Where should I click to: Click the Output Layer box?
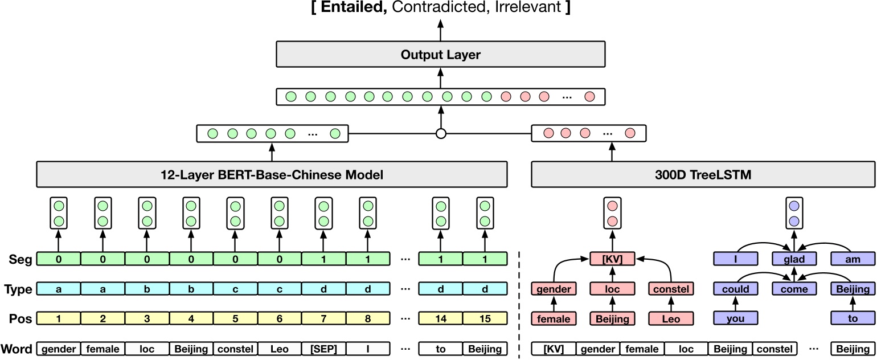(440, 55)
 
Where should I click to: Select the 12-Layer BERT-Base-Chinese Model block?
(272, 175)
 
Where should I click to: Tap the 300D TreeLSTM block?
(703, 175)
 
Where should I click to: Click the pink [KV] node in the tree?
(612, 259)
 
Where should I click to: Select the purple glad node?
(794, 259)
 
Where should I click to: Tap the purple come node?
(794, 289)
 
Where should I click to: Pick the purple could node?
(736, 289)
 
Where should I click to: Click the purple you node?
(736, 318)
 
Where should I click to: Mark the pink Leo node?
(671, 318)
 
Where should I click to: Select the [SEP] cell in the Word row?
(323, 349)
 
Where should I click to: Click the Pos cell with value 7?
(323, 318)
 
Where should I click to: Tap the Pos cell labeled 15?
(485, 318)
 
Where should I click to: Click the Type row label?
(18, 289)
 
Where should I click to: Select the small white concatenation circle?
(440, 134)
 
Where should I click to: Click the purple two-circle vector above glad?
(794, 213)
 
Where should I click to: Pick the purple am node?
(853, 259)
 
